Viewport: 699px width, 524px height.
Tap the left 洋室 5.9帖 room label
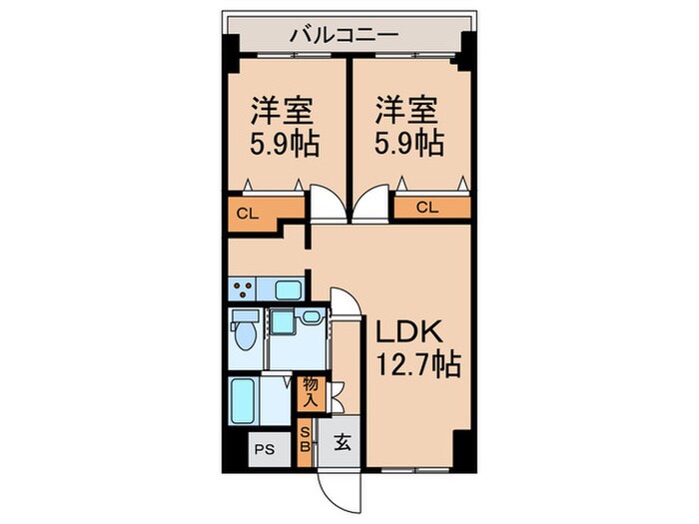[284, 127]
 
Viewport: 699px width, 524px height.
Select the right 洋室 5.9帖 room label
[409, 127]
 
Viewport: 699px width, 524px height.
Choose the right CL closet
[427, 208]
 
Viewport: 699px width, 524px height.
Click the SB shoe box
[306, 439]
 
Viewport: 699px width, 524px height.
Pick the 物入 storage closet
[310, 391]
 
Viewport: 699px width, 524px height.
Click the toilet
[243, 331]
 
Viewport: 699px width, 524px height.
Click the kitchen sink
[291, 290]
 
